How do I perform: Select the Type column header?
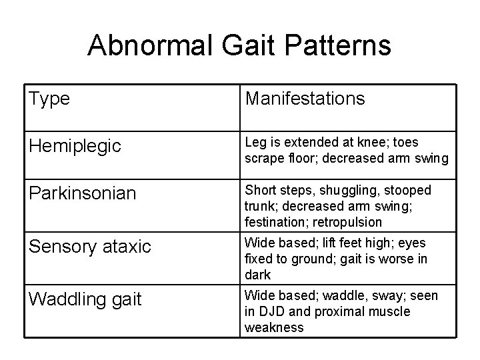click(49, 99)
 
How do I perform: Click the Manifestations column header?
click(305, 99)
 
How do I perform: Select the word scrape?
click(264, 158)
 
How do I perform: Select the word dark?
click(258, 275)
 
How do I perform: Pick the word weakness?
click(274, 327)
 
